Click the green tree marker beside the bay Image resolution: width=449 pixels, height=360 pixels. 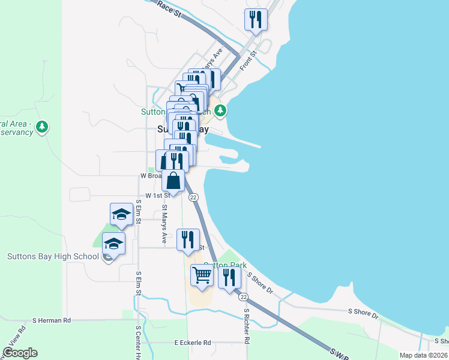[x=221, y=110]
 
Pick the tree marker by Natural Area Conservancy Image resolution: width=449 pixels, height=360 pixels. [x=41, y=126]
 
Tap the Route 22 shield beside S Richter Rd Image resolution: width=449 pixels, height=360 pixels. [x=243, y=297]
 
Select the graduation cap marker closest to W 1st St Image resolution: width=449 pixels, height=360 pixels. [x=121, y=214]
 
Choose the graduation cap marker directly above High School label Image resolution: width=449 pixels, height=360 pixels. [x=113, y=244]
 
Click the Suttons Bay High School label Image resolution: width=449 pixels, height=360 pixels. [x=53, y=257]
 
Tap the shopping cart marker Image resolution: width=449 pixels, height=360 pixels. [x=202, y=275]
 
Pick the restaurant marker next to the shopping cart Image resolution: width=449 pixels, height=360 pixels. [x=229, y=277]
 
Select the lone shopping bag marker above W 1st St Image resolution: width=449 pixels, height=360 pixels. [x=173, y=181]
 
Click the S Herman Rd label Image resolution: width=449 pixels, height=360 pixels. [x=52, y=320]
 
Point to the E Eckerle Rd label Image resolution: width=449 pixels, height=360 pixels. [x=193, y=343]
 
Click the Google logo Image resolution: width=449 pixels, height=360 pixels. [x=20, y=353]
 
